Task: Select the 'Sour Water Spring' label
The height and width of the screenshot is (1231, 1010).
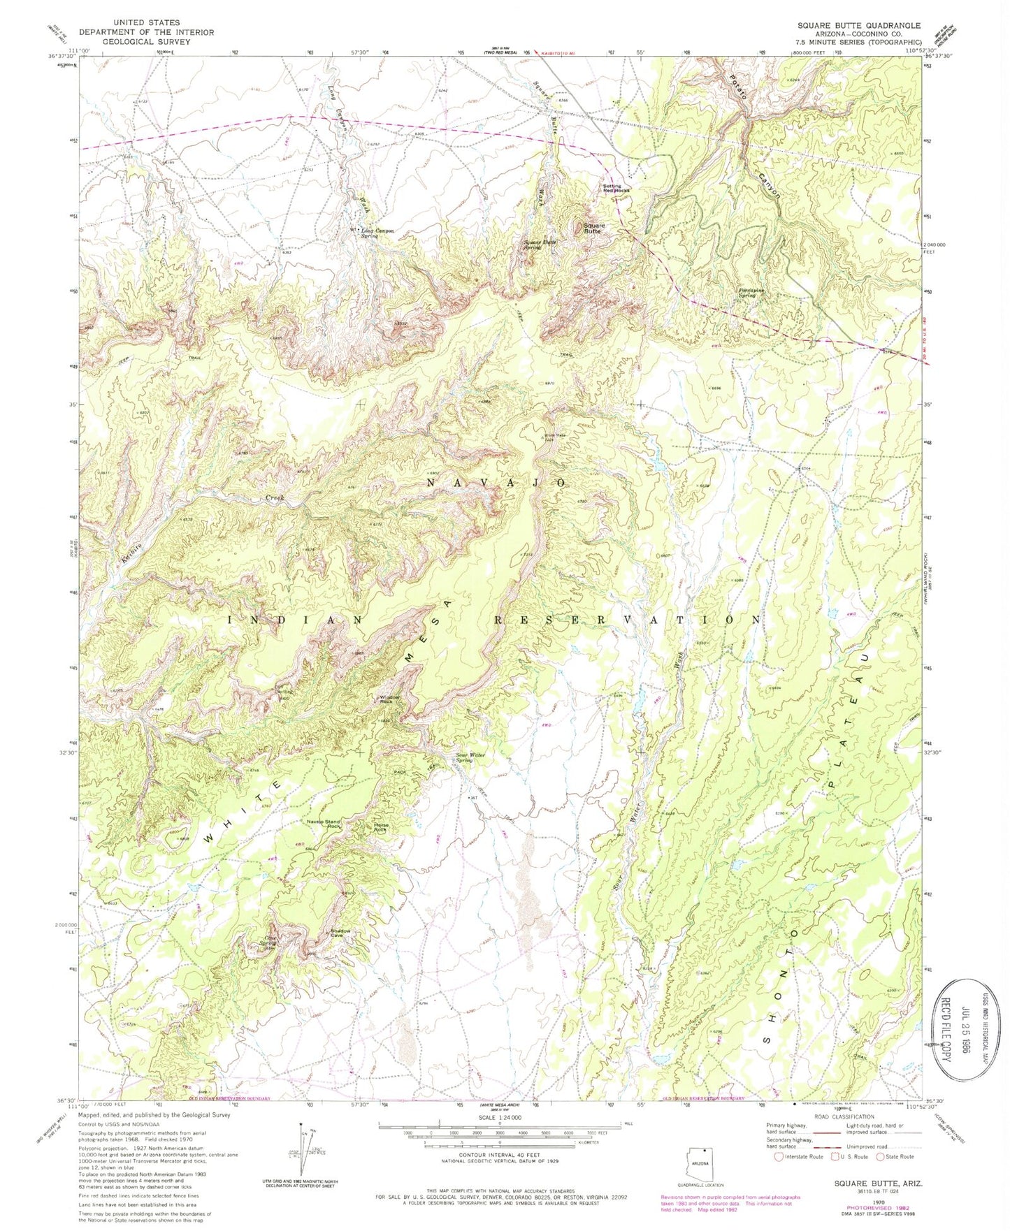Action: point(470,757)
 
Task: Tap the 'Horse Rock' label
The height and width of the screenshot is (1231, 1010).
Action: point(382,827)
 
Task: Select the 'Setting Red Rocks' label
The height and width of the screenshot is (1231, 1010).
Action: point(616,188)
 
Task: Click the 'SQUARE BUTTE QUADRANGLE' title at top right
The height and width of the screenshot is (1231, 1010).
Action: point(859,24)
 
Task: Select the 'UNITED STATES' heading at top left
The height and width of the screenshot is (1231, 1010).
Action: point(146,23)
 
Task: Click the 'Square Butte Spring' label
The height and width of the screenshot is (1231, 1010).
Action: point(541,245)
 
